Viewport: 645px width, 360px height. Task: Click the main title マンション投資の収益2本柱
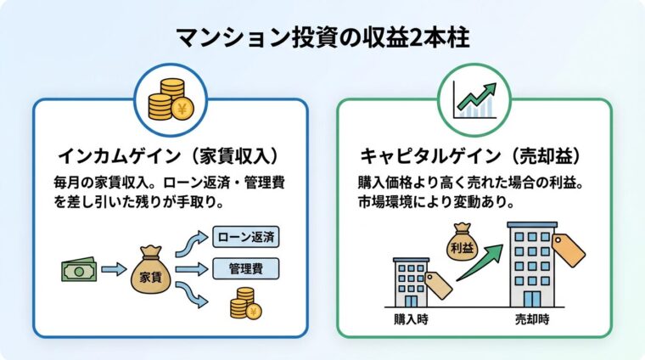click(x=322, y=38)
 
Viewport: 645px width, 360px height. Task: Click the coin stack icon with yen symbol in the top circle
click(x=170, y=100)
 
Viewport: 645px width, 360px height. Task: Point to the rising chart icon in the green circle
click(x=474, y=100)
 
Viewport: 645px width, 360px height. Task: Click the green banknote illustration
click(x=79, y=270)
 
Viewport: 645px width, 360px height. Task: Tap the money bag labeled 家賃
click(x=149, y=273)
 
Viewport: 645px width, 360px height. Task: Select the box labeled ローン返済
click(x=246, y=236)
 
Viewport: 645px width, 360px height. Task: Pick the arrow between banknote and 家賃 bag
click(x=113, y=270)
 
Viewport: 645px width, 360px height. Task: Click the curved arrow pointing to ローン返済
click(x=191, y=244)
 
